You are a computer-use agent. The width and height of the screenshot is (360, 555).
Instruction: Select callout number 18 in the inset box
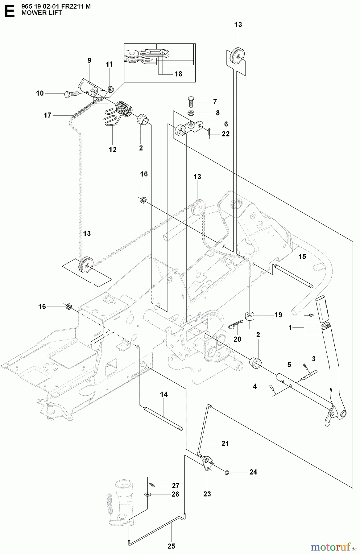point(178,74)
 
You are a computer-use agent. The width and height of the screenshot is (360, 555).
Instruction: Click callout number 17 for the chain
point(48,115)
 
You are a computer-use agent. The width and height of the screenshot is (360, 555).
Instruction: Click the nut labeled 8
point(191,113)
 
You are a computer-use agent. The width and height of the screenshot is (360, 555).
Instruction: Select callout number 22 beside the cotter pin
point(226,134)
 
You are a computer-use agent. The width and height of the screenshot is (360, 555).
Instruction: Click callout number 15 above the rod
point(302,257)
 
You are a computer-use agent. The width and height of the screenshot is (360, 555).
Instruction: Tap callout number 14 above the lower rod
point(164,394)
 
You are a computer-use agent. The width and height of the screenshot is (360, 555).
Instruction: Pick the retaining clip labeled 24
point(227,472)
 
